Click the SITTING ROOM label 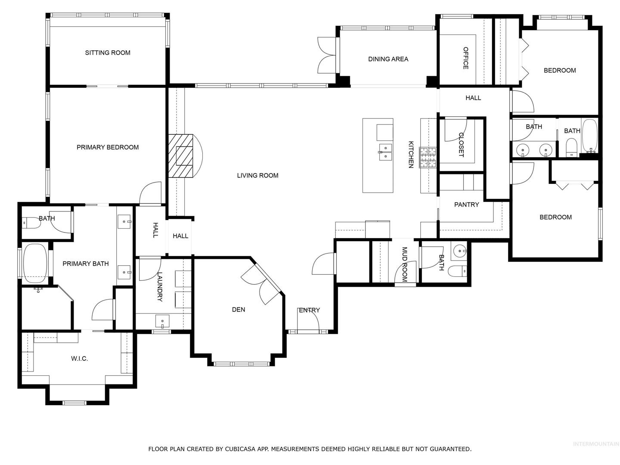(108, 53)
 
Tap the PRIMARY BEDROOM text (108, 147)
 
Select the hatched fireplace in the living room (181, 156)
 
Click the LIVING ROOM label (257, 175)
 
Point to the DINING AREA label (388, 59)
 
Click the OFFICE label (465, 58)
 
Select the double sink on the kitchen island (385, 152)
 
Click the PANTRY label (466, 205)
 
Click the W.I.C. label (79, 359)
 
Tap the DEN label (239, 310)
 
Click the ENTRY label (309, 310)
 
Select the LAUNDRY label (160, 287)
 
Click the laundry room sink (162, 322)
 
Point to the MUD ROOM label (404, 264)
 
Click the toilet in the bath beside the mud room (457, 271)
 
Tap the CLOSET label (461, 145)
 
